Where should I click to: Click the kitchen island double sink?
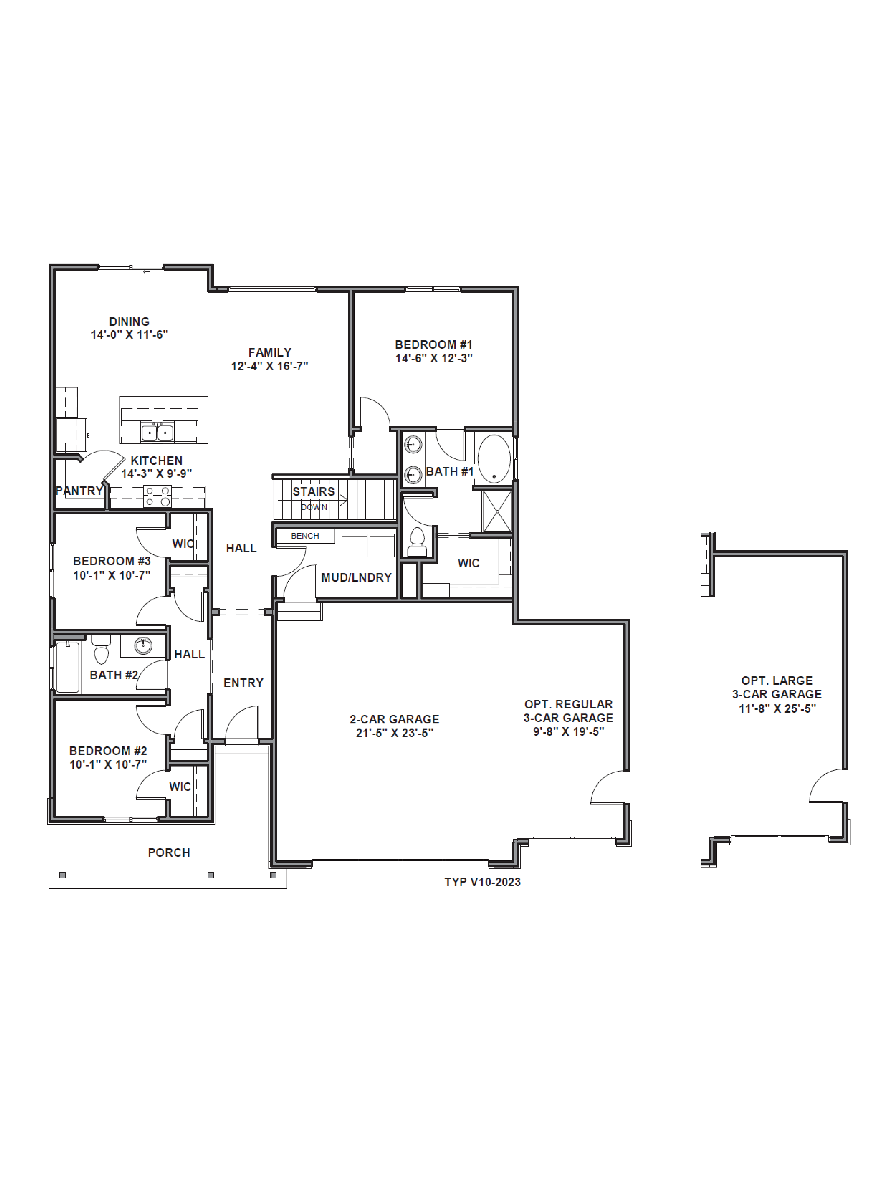pyautogui.click(x=157, y=432)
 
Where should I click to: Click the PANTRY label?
pyautogui.click(x=79, y=490)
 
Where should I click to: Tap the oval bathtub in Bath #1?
pyautogui.click(x=494, y=459)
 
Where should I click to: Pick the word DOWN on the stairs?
pyautogui.click(x=314, y=507)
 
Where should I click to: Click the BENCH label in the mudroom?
pyautogui.click(x=305, y=536)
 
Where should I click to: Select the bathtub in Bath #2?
pyautogui.click(x=68, y=667)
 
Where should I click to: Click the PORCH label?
pyautogui.click(x=169, y=852)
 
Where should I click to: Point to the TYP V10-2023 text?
pyautogui.click(x=482, y=882)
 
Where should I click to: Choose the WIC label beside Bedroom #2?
pyautogui.click(x=180, y=787)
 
